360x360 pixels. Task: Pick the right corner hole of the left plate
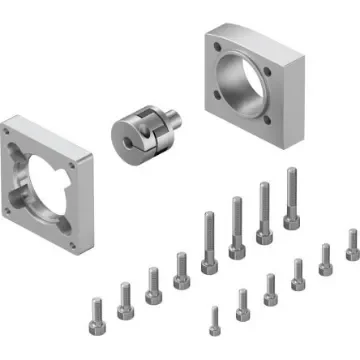pos(91,158)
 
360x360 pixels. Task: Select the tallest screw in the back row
pos(291,197)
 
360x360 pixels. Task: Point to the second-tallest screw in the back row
pos(265,211)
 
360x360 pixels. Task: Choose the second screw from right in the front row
pos(325,257)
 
